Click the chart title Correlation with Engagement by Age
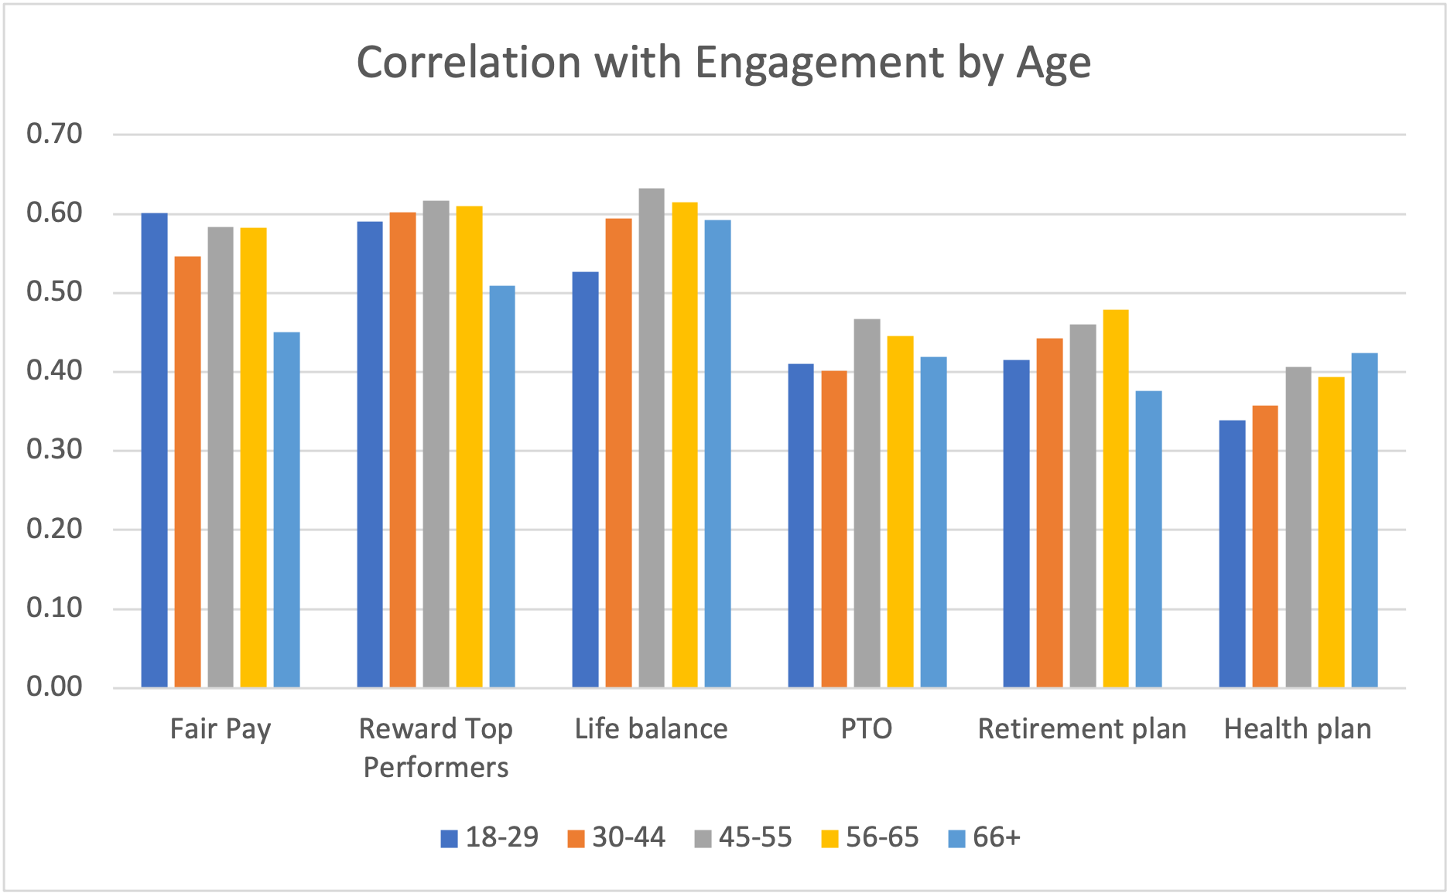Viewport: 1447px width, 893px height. tap(723, 63)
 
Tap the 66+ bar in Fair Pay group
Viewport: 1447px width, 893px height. tap(286, 510)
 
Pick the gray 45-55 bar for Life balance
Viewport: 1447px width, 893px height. tap(652, 438)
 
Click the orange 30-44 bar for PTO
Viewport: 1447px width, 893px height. tap(834, 529)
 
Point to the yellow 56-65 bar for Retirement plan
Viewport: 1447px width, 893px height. tap(1116, 498)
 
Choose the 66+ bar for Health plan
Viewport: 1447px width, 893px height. tap(1364, 520)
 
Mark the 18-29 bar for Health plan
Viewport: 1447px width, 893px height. tap(1232, 554)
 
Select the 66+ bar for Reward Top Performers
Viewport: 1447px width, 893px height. tap(501, 486)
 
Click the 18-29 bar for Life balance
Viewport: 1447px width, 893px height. tap(585, 479)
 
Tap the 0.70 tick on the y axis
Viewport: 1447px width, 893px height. tap(54, 135)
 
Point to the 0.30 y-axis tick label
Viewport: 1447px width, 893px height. tap(54, 450)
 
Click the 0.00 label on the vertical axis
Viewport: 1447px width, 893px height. tap(54, 687)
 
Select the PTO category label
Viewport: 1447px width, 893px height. tap(867, 729)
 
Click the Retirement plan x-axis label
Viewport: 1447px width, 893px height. tap(1082, 729)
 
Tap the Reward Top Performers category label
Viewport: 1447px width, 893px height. tap(436, 748)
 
